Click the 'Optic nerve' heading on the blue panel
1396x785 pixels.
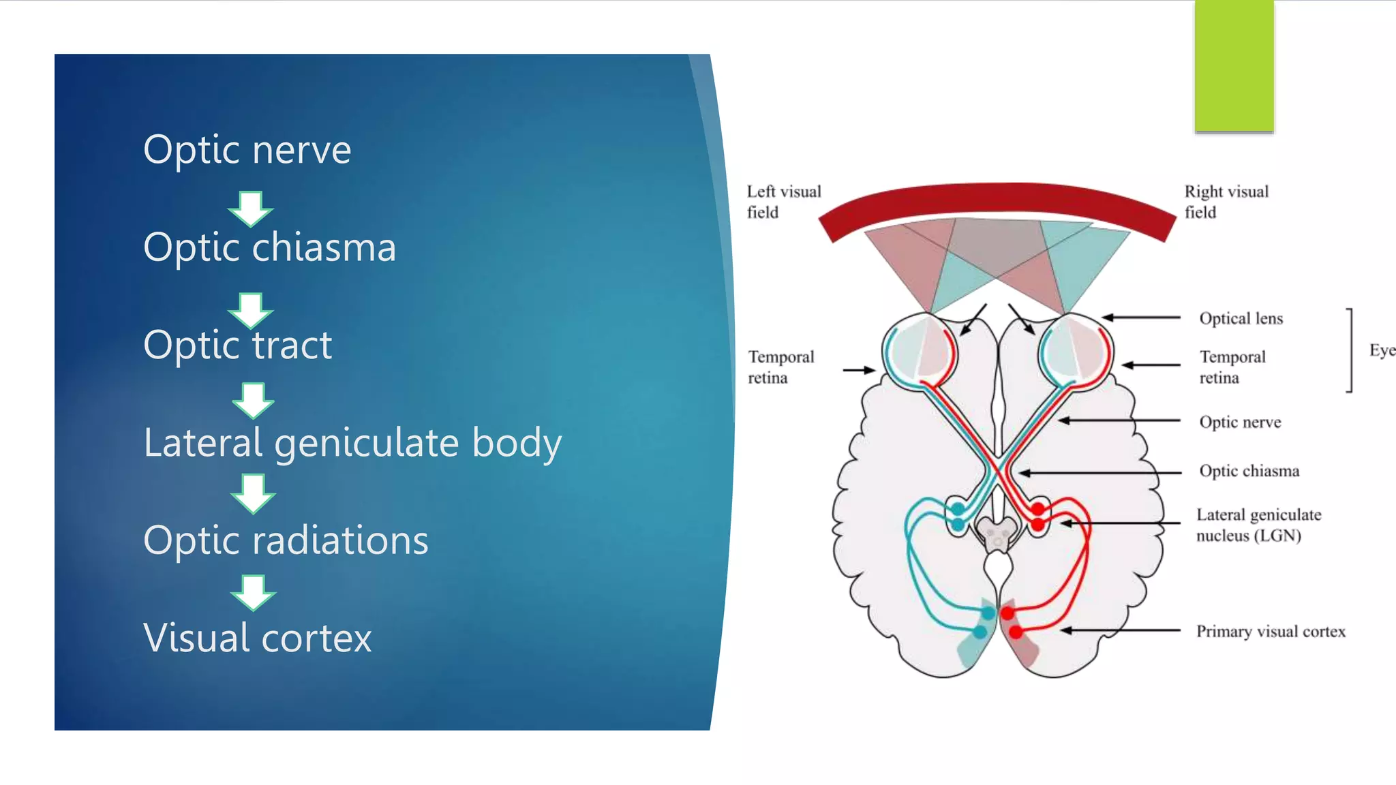pyautogui.click(x=247, y=150)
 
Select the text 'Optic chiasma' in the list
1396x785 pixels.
pyautogui.click(x=269, y=247)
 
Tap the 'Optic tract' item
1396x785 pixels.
pyautogui.click(x=237, y=345)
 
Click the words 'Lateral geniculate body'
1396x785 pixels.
pyautogui.click(x=352, y=443)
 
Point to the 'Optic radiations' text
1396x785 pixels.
pyautogui.click(x=286, y=540)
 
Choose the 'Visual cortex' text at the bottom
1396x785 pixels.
pyautogui.click(x=257, y=638)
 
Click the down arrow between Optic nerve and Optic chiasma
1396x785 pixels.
pyautogui.click(x=250, y=209)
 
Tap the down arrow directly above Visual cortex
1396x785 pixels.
pyautogui.click(x=253, y=593)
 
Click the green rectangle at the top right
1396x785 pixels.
pyautogui.click(x=1234, y=65)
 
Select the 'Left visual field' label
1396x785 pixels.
pyautogui.click(x=783, y=202)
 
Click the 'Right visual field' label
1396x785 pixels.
pyautogui.click(x=1226, y=202)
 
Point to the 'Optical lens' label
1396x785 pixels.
pyautogui.click(x=1241, y=318)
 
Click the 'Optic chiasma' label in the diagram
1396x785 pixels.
pyautogui.click(x=1249, y=471)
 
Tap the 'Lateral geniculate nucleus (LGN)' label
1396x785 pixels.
pyautogui.click(x=1258, y=525)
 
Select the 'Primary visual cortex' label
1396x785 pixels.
pyautogui.click(x=1271, y=632)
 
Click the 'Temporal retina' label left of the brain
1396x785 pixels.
pyautogui.click(x=780, y=367)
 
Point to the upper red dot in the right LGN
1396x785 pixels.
pyautogui.click(x=1037, y=509)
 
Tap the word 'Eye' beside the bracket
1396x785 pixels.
pyautogui.click(x=1382, y=350)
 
